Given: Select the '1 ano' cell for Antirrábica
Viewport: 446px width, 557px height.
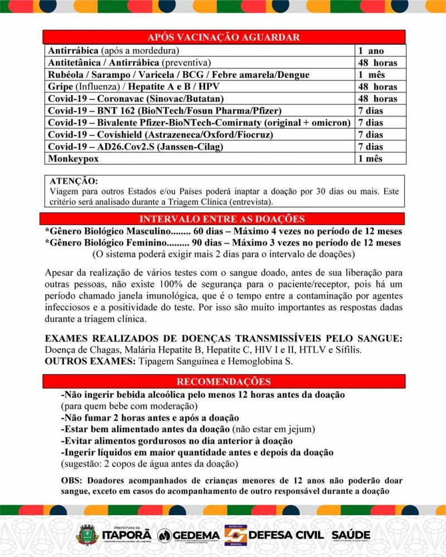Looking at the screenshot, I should pos(371,51).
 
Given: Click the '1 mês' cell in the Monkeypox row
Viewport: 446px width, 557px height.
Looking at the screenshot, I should pos(370,158).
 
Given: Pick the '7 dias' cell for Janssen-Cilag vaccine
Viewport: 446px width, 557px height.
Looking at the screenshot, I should pos(370,146).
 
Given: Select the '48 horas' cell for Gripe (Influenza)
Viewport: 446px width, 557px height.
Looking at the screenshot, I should pos(377,87).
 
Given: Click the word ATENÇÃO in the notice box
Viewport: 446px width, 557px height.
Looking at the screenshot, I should pos(73,182).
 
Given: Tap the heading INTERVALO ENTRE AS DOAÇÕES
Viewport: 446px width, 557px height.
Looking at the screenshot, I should pos(222,219).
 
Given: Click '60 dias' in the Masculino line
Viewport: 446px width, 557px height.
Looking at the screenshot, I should pos(212,231).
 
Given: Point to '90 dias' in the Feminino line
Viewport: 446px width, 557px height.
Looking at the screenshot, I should pos(212,243).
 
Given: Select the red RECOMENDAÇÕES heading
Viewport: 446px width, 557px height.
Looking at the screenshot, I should pos(224,382).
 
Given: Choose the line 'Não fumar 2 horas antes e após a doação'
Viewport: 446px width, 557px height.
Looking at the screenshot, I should pos(150,418).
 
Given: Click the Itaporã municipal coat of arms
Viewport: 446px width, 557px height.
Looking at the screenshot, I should pos(86,535).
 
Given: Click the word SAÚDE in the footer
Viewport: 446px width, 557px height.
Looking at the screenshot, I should pos(347,534).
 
